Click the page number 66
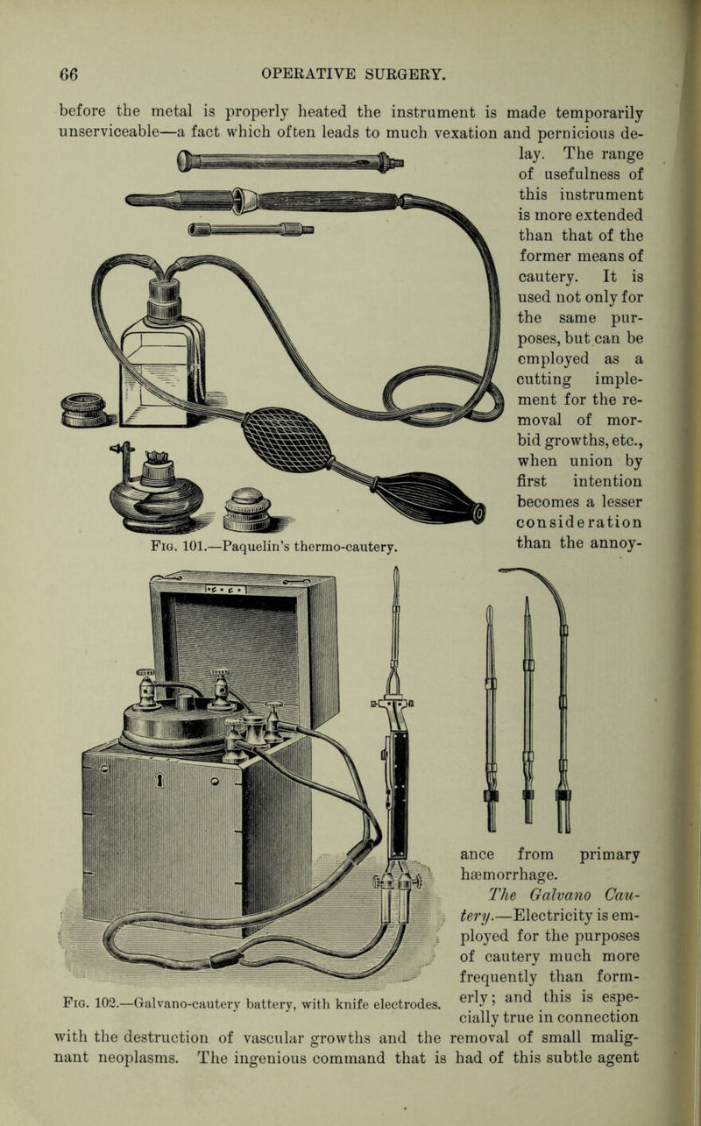tap(69, 74)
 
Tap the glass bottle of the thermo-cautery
tap(166, 351)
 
